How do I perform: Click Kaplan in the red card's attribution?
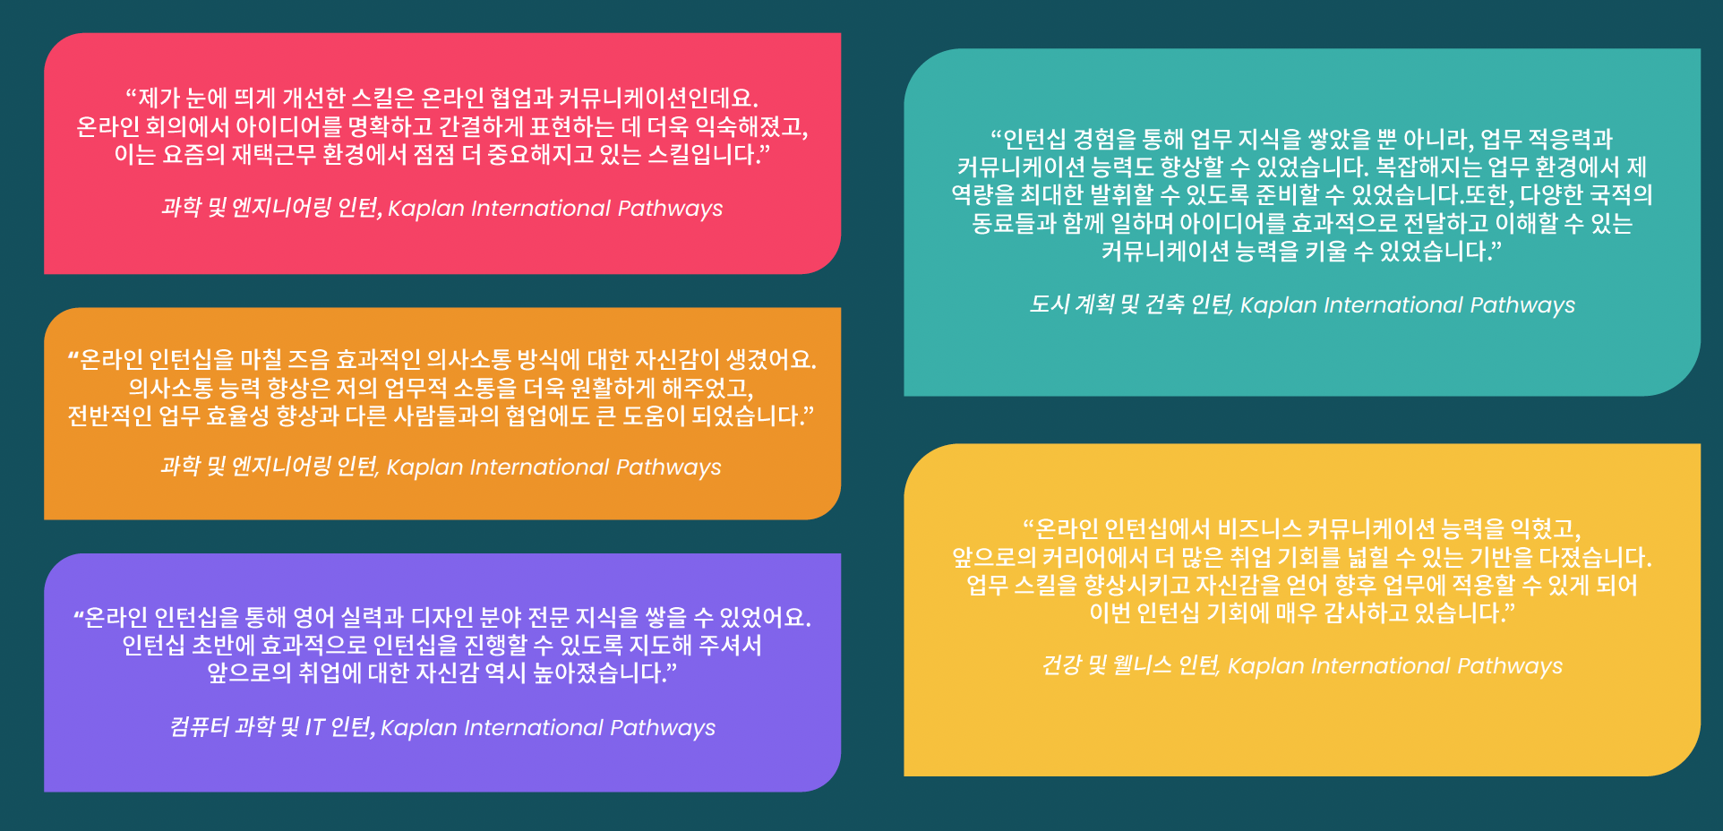[x=426, y=209]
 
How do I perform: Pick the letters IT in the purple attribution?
[x=314, y=727]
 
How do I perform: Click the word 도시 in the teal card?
[x=1050, y=304]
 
